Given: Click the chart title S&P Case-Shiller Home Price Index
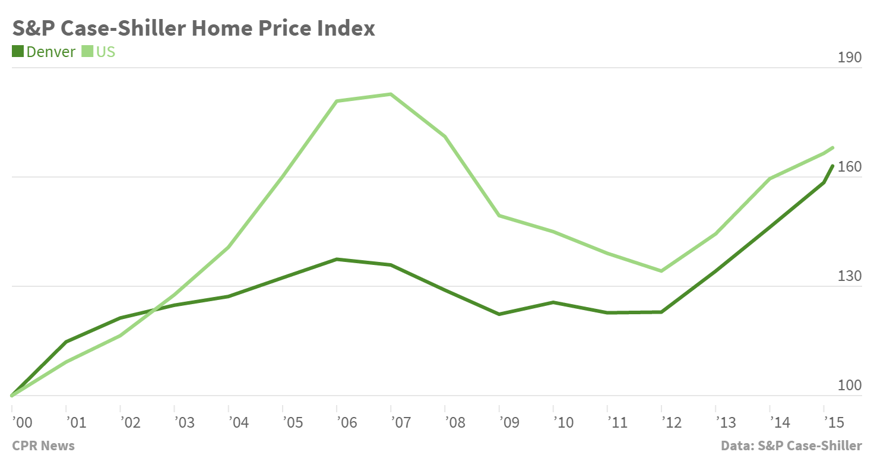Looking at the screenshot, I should click(194, 28).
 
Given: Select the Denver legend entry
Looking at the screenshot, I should click(44, 52).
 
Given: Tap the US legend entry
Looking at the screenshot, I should click(99, 52).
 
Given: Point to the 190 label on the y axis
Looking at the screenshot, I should click(848, 58).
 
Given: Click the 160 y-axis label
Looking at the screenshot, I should click(848, 167).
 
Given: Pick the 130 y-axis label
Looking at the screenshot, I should click(848, 276).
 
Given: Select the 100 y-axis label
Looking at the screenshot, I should click(848, 386).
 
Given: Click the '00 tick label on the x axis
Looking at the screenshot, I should click(22, 422).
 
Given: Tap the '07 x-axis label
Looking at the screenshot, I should click(401, 422).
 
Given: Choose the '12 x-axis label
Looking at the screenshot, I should click(672, 422).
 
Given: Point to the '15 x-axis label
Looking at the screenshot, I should click(834, 422).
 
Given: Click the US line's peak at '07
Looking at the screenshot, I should click(391, 94).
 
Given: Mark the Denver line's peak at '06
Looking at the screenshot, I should click(337, 259).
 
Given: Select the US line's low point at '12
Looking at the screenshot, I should click(661, 271).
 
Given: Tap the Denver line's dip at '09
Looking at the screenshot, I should click(499, 314).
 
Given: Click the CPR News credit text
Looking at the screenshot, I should click(43, 445).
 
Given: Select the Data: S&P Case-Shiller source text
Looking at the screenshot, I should click(791, 445).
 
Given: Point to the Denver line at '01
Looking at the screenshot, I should click(66, 342).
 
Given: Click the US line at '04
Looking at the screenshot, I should click(229, 247).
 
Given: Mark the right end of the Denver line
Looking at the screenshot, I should click(833, 166).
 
